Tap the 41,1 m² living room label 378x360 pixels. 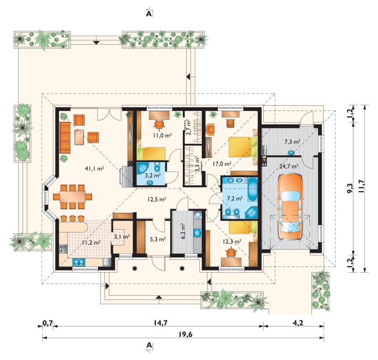[x=94, y=169]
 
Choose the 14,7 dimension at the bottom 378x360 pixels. [x=161, y=323]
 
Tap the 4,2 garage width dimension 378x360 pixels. [x=298, y=323]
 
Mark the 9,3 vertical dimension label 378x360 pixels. [x=350, y=188]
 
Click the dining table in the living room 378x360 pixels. [x=73, y=197]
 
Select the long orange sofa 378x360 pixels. [x=65, y=137]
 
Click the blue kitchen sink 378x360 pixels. [x=78, y=262]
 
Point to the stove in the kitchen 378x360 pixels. [x=63, y=249]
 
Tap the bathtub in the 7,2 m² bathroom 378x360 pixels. [x=252, y=189]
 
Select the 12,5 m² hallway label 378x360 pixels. [x=156, y=199]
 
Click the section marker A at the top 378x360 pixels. [x=149, y=14]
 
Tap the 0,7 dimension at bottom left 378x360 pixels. [x=48, y=323]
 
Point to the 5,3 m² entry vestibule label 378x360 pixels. [x=158, y=239]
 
